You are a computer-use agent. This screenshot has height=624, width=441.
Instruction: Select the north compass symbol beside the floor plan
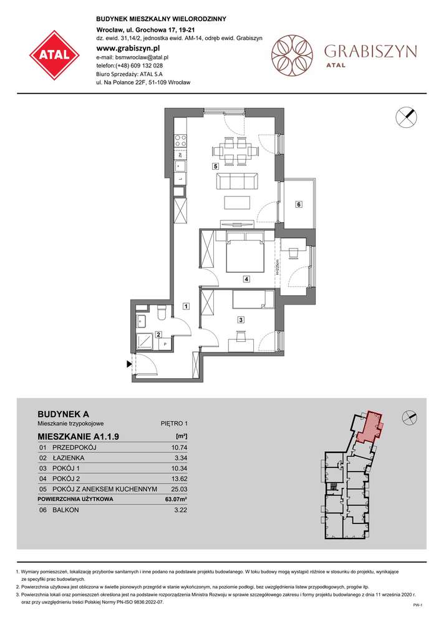(x=405, y=117)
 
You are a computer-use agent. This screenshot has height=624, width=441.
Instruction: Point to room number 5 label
(x=215, y=167)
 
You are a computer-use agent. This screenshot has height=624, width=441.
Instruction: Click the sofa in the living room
(x=237, y=182)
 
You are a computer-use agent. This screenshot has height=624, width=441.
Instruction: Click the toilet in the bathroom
(x=161, y=310)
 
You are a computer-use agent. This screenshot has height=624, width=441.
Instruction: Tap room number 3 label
(x=240, y=319)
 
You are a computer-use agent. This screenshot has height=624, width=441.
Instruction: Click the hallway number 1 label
(x=186, y=306)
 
